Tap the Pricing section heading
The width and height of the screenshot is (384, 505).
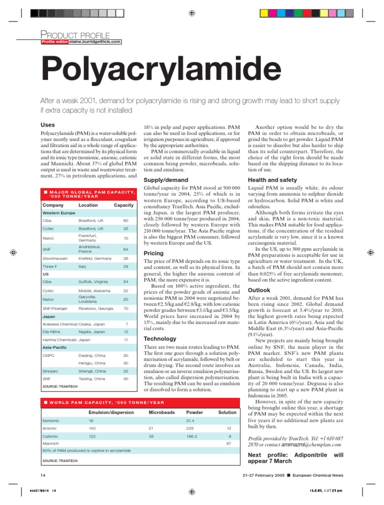(x=153, y=253)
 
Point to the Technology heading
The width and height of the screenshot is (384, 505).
(x=159, y=339)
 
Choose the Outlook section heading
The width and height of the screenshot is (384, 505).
(x=259, y=290)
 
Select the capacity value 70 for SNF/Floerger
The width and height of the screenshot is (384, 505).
(x=125, y=308)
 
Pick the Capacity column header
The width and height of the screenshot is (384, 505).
(x=123, y=205)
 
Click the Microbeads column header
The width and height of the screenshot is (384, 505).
(x=161, y=412)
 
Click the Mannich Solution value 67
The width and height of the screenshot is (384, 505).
(x=228, y=443)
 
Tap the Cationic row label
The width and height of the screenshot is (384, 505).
(x=50, y=436)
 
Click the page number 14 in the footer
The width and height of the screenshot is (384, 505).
(x=42, y=473)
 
